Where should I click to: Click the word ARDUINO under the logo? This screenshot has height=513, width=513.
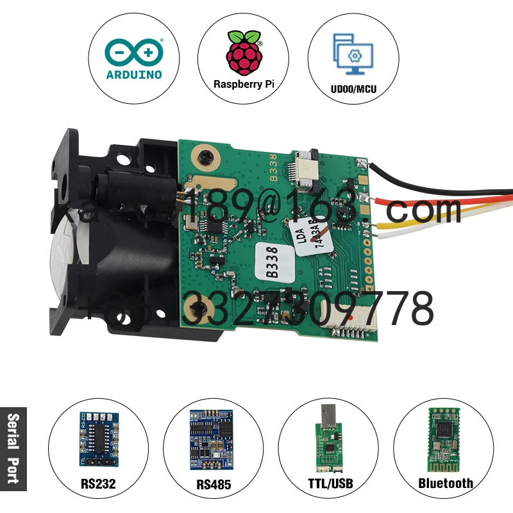(x=133, y=74)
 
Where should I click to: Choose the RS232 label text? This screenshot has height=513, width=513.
(x=98, y=484)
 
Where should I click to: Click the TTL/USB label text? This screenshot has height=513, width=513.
(x=328, y=484)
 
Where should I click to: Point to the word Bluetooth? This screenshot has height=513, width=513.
(x=445, y=484)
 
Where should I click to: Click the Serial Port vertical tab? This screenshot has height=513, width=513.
(x=13, y=449)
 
